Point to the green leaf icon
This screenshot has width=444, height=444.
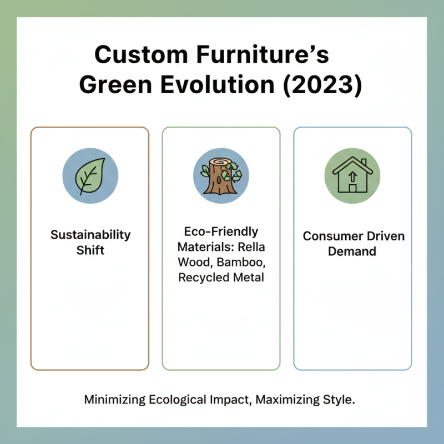click(90, 176)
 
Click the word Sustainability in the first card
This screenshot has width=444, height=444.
click(90, 235)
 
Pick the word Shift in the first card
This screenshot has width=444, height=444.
click(90, 250)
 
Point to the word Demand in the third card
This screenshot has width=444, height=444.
click(352, 251)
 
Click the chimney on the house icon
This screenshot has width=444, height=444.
click(364, 163)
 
